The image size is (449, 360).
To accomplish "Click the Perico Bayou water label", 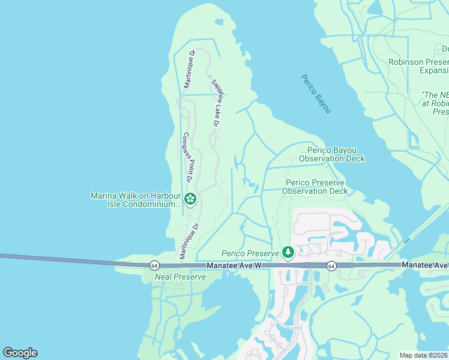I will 316,94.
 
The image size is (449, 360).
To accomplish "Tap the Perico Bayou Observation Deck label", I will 336,154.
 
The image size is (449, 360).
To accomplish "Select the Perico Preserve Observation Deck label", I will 316,187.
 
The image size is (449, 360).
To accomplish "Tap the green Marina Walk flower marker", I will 190,199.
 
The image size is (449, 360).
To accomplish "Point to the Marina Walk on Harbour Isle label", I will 136,200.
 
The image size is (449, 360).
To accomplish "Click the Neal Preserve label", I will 180,277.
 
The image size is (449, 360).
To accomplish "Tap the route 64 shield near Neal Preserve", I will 154,265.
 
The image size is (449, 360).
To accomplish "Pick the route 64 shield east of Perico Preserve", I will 331,265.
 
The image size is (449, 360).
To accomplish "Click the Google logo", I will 20,353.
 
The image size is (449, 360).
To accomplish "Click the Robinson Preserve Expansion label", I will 418,66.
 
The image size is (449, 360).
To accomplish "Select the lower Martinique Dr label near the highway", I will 190,240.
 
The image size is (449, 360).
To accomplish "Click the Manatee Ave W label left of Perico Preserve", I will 237,265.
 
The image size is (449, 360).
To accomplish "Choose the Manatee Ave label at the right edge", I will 425,265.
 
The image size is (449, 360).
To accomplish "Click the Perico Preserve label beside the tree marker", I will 250,254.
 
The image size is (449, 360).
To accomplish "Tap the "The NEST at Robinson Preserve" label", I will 435,103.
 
